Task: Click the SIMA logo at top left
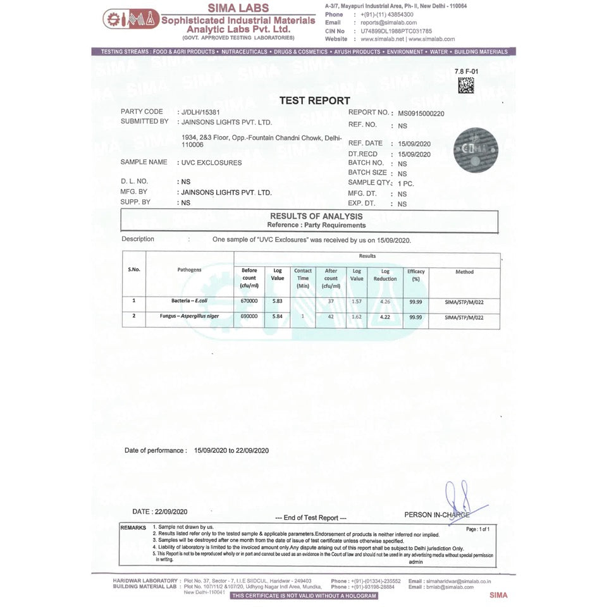[131, 19]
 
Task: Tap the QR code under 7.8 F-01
[466, 85]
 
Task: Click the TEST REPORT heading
[314, 101]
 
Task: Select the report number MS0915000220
[421, 114]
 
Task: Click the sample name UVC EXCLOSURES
[211, 163]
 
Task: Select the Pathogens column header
[189, 270]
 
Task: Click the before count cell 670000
[249, 301]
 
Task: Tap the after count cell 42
[331, 316]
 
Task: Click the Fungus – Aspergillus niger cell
[189, 316]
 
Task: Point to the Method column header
[464, 272]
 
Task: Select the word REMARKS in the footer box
[133, 527]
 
